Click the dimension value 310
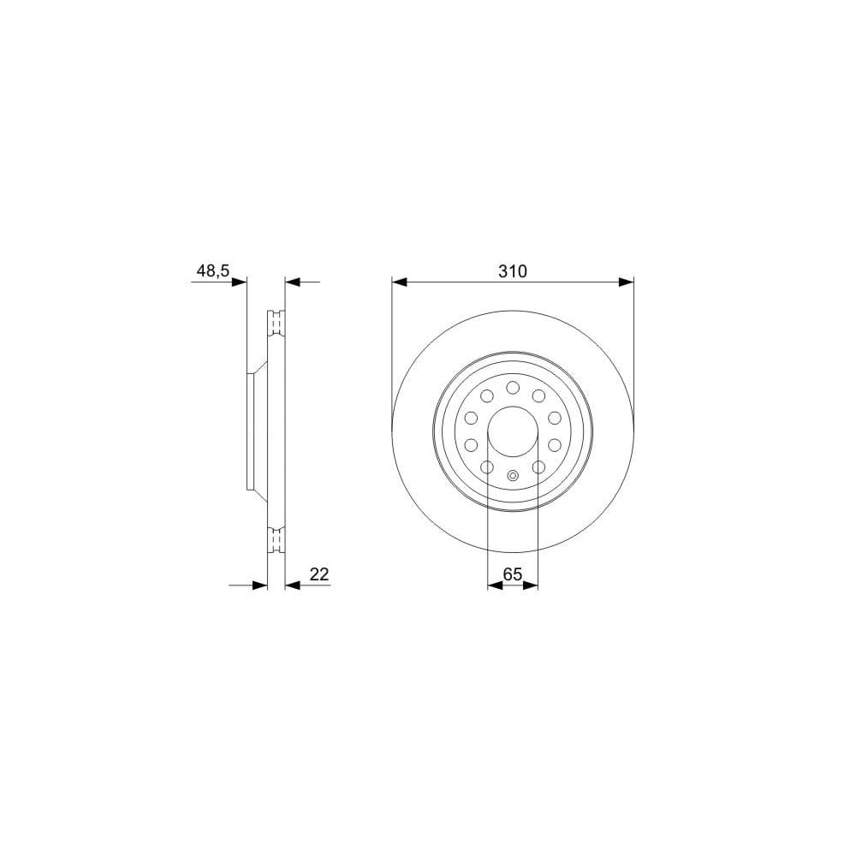click(x=513, y=271)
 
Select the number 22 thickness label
click(x=319, y=574)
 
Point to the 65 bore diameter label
click(x=513, y=574)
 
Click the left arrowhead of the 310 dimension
click(x=400, y=282)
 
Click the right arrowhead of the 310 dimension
click(x=627, y=282)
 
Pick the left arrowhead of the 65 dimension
click(x=495, y=586)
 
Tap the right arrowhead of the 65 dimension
click(x=531, y=586)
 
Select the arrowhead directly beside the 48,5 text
click(x=239, y=282)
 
